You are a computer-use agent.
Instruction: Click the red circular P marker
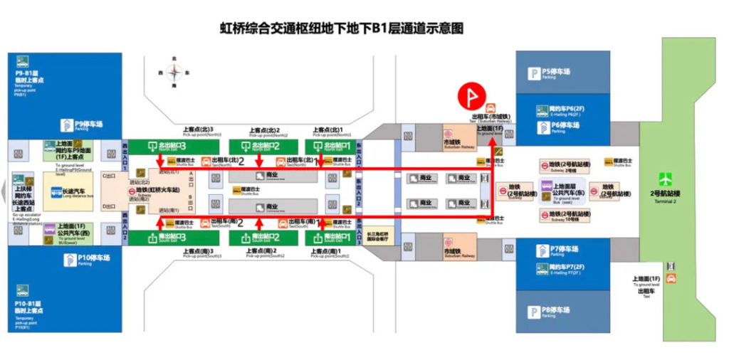click(x=471, y=95)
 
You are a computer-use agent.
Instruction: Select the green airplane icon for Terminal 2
click(x=666, y=178)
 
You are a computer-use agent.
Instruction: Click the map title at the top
click(x=342, y=29)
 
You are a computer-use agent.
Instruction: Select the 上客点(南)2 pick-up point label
click(x=265, y=253)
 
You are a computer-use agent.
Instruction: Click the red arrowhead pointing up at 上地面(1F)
click(x=491, y=142)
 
